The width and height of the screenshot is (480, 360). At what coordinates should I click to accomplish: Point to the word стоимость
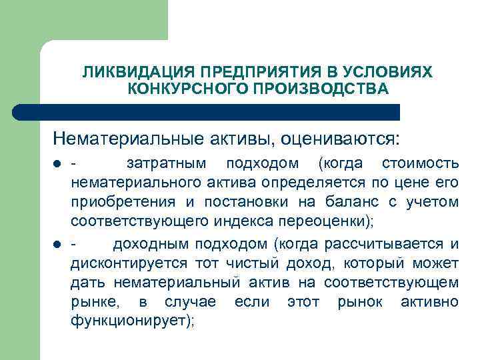click(420, 164)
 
